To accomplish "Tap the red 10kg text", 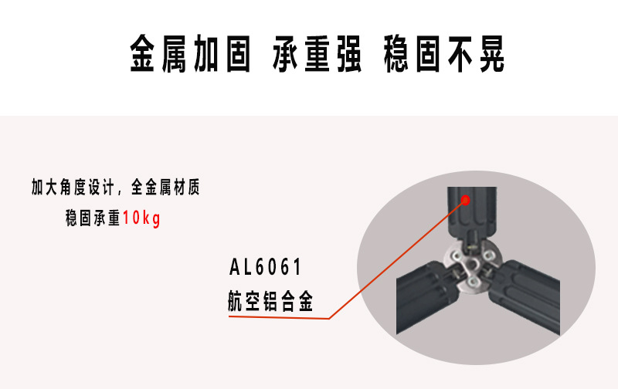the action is tap(141, 218).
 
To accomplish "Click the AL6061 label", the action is tap(265, 268).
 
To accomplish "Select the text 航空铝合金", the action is tap(270, 302).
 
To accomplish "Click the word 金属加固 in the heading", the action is tap(190, 54).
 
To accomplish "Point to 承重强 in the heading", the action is tap(317, 54).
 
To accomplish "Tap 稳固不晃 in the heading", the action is tap(444, 54).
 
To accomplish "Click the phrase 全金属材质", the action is tap(165, 188).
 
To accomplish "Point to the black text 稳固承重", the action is tap(93, 218).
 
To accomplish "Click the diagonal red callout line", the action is tap(394, 262).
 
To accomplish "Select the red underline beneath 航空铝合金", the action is tap(278, 317).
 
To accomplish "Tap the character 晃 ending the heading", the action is tap(491, 54).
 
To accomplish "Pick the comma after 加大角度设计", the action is tap(119, 190).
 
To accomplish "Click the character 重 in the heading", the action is tap(317, 54).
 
